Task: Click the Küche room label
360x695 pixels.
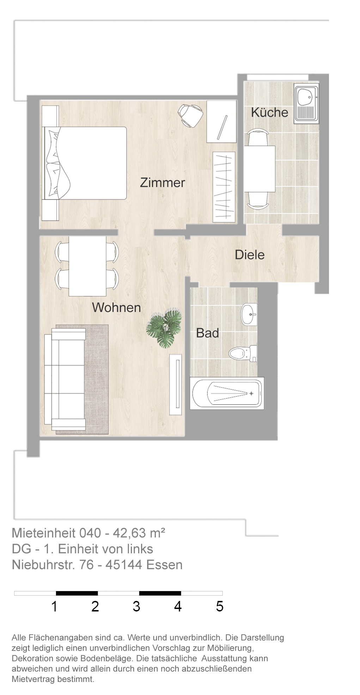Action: [269, 112]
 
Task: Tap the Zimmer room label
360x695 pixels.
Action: [163, 183]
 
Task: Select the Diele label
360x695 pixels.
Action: [250, 255]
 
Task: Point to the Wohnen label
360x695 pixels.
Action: [116, 308]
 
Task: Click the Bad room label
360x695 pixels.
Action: [207, 333]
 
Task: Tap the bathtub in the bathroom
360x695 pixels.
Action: [227, 393]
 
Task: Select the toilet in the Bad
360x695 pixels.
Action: [243, 353]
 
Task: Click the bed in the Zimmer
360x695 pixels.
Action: [84, 163]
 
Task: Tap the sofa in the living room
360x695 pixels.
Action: [65, 379]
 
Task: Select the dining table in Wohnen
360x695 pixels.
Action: [87, 266]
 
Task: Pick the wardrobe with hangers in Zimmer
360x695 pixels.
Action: [224, 187]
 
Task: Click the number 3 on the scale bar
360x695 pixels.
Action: [136, 606]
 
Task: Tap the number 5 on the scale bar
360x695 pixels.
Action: [220, 606]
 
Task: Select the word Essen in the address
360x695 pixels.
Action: [164, 565]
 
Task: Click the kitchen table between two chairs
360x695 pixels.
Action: [260, 169]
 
